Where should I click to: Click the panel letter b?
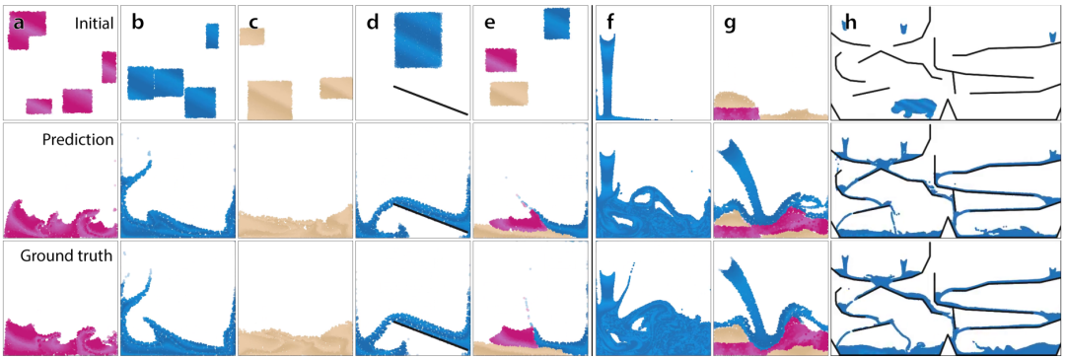138,23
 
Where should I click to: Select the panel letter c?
254,25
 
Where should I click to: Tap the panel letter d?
373,23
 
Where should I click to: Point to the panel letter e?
490,25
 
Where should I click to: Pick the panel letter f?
611,23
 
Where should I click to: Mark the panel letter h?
850,23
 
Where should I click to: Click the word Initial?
94,23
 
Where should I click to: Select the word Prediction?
85,140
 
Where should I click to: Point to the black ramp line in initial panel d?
431,100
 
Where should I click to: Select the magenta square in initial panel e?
501,60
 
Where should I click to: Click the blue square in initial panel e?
557,24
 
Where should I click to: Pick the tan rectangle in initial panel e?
509,94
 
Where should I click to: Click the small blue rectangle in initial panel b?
213,36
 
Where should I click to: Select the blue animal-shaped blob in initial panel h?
914,108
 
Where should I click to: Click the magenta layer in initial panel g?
736,113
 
